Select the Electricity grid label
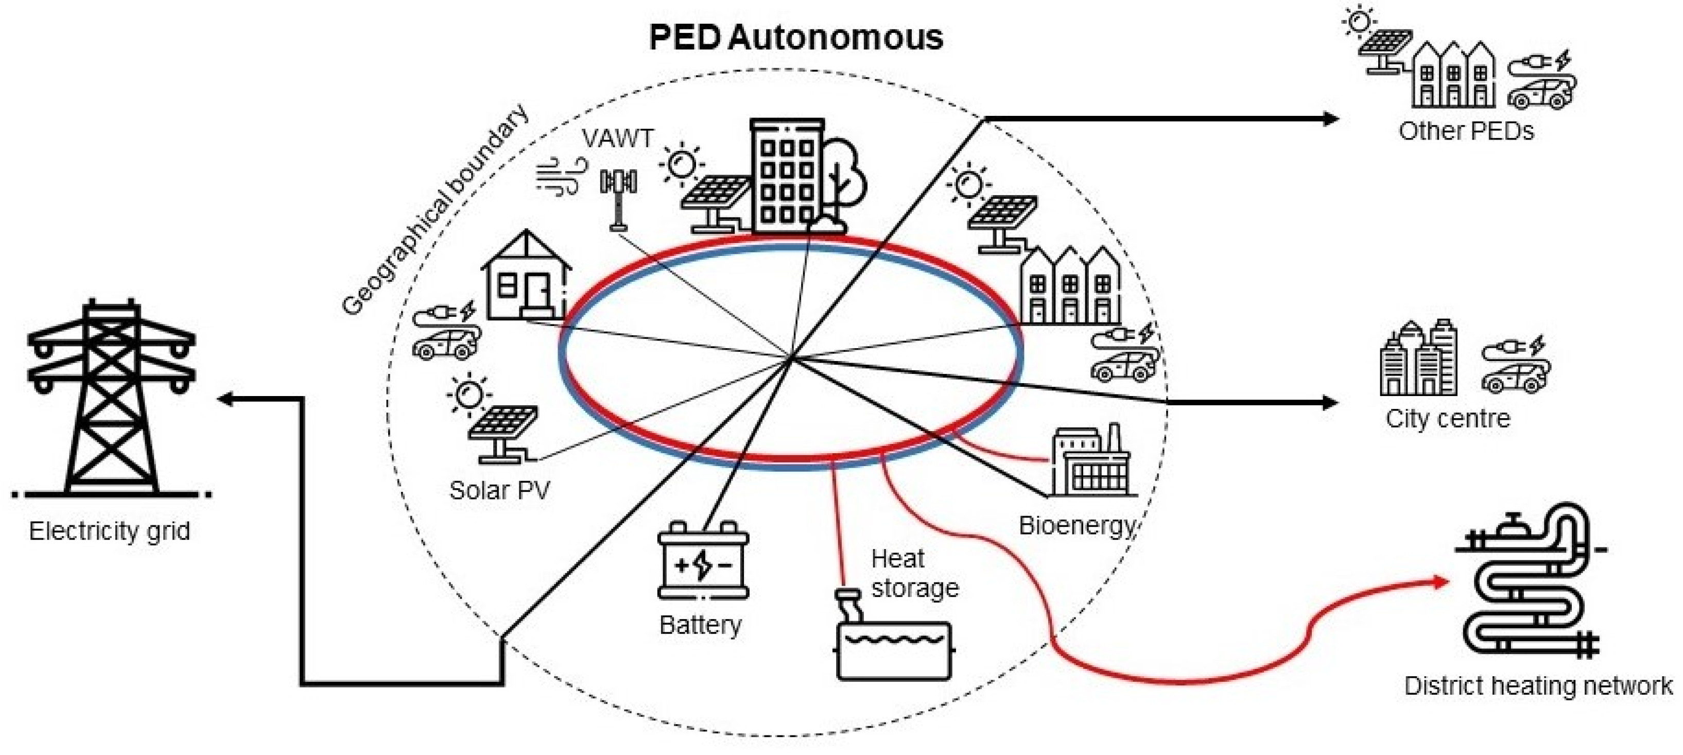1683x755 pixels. (x=110, y=531)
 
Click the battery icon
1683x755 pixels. (x=703, y=561)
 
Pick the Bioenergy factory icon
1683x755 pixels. (x=1091, y=460)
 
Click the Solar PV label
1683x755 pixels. (x=500, y=490)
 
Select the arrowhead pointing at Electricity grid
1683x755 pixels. (x=225, y=399)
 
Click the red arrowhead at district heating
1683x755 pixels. (x=1441, y=581)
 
